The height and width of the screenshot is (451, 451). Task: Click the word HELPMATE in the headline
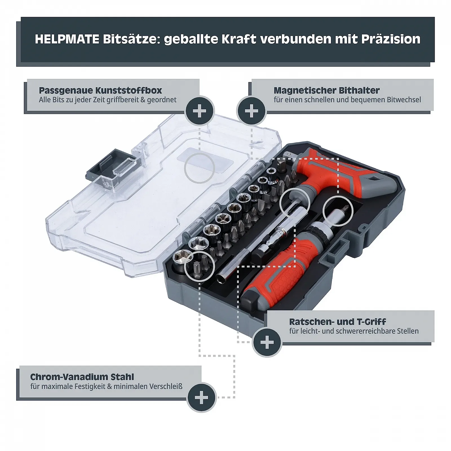click(x=67, y=39)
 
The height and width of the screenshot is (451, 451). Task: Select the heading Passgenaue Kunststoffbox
click(x=100, y=90)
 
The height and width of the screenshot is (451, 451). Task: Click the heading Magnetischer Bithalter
click(x=327, y=90)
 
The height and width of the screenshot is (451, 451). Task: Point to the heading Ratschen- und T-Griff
click(x=338, y=322)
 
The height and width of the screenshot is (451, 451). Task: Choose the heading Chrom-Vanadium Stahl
click(x=82, y=377)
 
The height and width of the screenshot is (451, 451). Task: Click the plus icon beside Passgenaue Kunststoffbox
click(x=200, y=111)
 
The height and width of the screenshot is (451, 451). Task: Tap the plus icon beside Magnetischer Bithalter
click(x=251, y=111)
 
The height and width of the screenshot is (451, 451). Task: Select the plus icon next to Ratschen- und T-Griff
click(x=267, y=343)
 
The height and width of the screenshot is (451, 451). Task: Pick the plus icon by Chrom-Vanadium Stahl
click(x=202, y=397)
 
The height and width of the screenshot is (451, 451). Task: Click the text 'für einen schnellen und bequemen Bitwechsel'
click(x=347, y=100)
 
